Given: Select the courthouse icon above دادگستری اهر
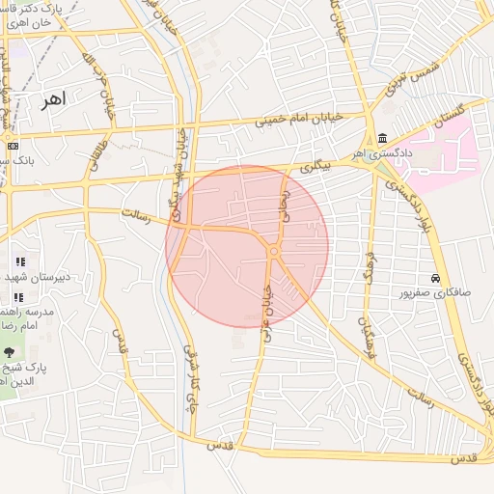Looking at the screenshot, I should tap(383, 137).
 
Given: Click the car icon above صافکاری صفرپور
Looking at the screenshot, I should tap(436, 277).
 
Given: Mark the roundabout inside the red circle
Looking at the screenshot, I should tap(275, 252).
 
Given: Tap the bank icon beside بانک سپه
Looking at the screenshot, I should tap(12, 146).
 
